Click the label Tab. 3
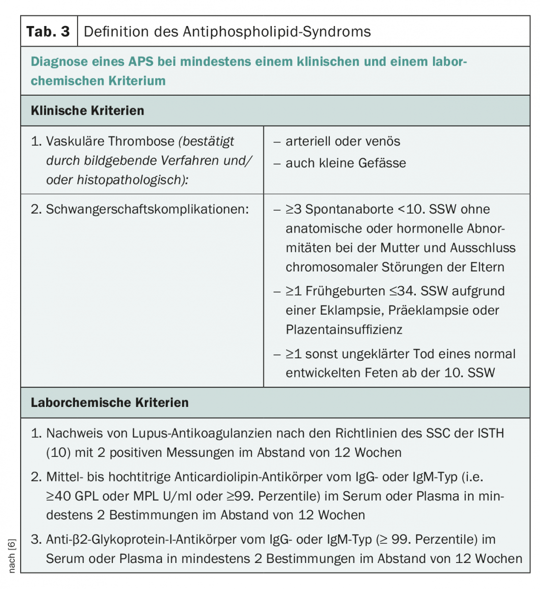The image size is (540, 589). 48,32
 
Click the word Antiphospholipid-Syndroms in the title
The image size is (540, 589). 277,32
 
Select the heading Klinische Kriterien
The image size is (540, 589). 87,110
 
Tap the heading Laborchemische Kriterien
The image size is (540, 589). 109,402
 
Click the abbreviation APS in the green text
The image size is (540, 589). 141,62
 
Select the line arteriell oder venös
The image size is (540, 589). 343,141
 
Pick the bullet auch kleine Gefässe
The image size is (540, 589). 346,163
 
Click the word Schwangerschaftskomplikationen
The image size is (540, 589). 147,209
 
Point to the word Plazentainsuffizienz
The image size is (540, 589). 344,329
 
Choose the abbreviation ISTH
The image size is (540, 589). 490,433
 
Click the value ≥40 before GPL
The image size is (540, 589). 59,496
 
